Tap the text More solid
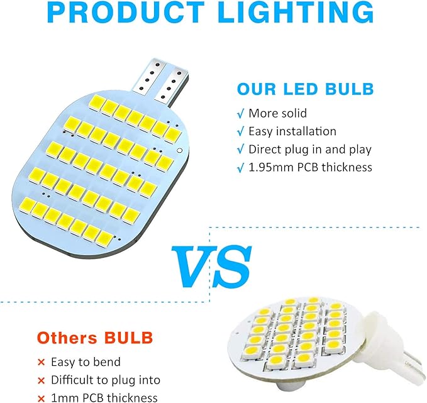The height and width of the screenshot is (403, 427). click(x=278, y=113)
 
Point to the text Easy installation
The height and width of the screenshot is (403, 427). click(x=292, y=131)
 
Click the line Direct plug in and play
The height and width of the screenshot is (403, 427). click(x=310, y=149)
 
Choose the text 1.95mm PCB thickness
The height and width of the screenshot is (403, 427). click(x=311, y=167)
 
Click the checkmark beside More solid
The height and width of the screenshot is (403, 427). click(x=240, y=114)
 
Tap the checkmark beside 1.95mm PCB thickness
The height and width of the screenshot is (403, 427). click(x=240, y=168)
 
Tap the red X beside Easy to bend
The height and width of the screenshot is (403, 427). click(x=41, y=363)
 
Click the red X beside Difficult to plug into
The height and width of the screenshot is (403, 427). click(x=41, y=380)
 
